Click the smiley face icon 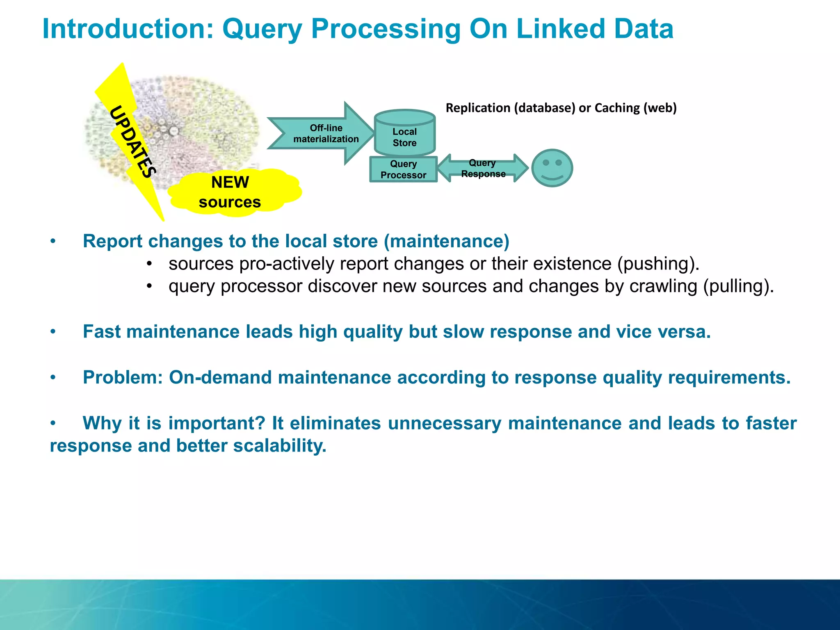click(552, 168)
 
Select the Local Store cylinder click(404, 133)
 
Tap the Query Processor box click(403, 169)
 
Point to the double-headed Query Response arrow click(483, 168)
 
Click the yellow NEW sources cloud click(232, 192)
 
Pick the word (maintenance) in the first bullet click(447, 241)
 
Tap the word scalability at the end click(280, 446)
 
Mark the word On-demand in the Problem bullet click(220, 377)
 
